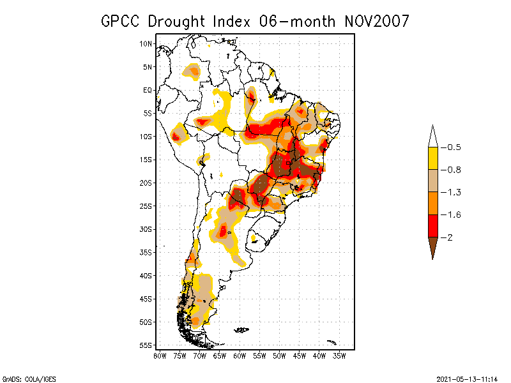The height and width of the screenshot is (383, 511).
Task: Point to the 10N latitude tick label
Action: tap(146, 44)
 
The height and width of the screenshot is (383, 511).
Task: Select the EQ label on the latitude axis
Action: tap(148, 90)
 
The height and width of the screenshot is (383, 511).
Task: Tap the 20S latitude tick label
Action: tap(146, 183)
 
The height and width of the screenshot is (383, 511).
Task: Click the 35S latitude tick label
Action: tap(146, 252)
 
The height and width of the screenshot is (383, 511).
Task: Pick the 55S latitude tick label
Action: tap(146, 345)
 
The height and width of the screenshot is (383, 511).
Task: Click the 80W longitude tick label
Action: tap(160, 355)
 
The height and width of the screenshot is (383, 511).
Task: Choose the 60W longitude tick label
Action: tap(240, 355)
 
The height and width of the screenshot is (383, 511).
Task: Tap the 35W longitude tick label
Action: tap(340, 355)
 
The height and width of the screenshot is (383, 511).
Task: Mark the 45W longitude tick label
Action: tap(300, 355)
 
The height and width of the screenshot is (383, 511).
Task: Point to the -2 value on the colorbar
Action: tap(451, 237)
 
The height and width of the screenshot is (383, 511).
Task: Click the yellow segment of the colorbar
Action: tap(433, 158)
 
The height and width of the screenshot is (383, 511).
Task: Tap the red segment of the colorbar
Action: tap(433, 225)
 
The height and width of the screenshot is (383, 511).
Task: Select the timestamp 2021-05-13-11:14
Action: tap(467, 379)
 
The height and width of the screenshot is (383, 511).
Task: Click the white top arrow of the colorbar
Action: tap(433, 137)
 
